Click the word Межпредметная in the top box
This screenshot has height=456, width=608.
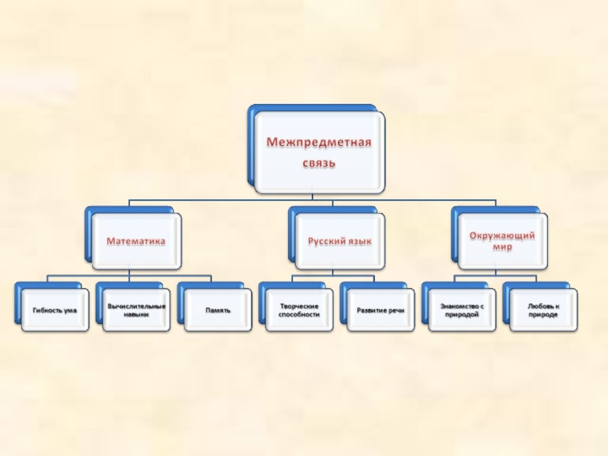(318, 143)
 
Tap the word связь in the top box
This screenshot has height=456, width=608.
(318, 163)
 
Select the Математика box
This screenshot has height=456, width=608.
(136, 241)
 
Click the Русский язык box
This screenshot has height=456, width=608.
(339, 241)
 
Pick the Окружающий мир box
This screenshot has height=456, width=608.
(502, 241)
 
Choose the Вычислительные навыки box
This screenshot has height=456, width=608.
(136, 310)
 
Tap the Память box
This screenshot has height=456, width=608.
(217, 310)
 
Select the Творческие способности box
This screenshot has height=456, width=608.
(299, 310)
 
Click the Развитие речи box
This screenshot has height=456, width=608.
(380, 310)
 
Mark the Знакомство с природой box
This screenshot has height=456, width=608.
(461, 310)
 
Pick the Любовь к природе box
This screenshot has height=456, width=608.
(543, 310)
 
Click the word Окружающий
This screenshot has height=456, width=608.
(502, 236)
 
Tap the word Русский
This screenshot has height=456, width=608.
(324, 241)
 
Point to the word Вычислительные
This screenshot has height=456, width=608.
(136, 306)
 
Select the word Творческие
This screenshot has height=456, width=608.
(299, 306)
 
